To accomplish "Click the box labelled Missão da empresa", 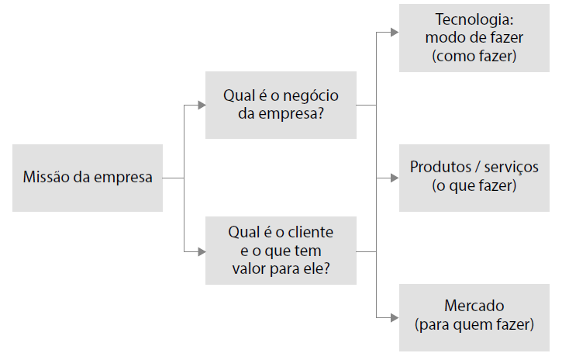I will tap(88, 178).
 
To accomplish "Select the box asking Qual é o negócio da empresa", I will tap(281, 106).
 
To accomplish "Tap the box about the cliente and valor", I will tap(281, 250).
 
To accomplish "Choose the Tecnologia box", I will tap(474, 38).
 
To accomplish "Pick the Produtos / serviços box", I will tap(474, 178).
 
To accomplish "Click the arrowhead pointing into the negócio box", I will tap(200, 106).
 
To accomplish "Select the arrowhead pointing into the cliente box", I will tap(200, 251).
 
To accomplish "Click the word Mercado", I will tap(474, 306).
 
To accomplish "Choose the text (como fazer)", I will tap(474, 56).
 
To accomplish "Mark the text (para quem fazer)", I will tap(474, 324).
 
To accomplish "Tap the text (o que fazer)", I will tap(474, 186).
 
